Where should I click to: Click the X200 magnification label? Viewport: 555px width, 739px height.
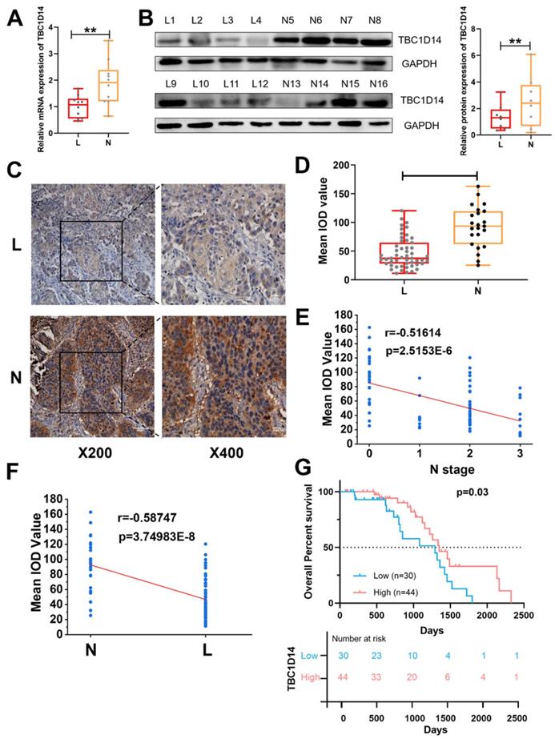click(x=74, y=451)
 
